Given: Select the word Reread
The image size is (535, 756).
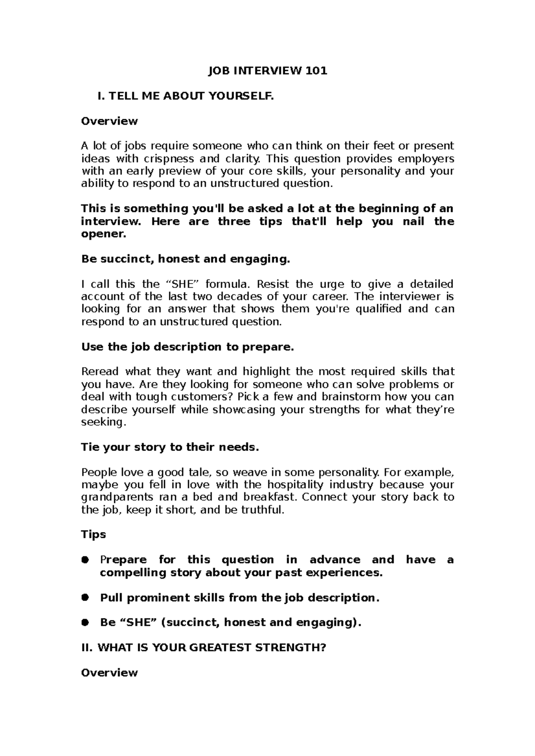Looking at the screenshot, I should [x=100, y=371].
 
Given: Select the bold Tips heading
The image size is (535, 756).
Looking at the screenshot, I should [x=93, y=534].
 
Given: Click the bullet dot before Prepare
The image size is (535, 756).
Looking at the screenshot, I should [x=86, y=560].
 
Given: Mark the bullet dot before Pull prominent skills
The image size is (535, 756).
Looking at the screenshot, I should [x=86, y=597].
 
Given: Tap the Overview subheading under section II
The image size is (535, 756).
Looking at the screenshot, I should [x=109, y=672].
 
